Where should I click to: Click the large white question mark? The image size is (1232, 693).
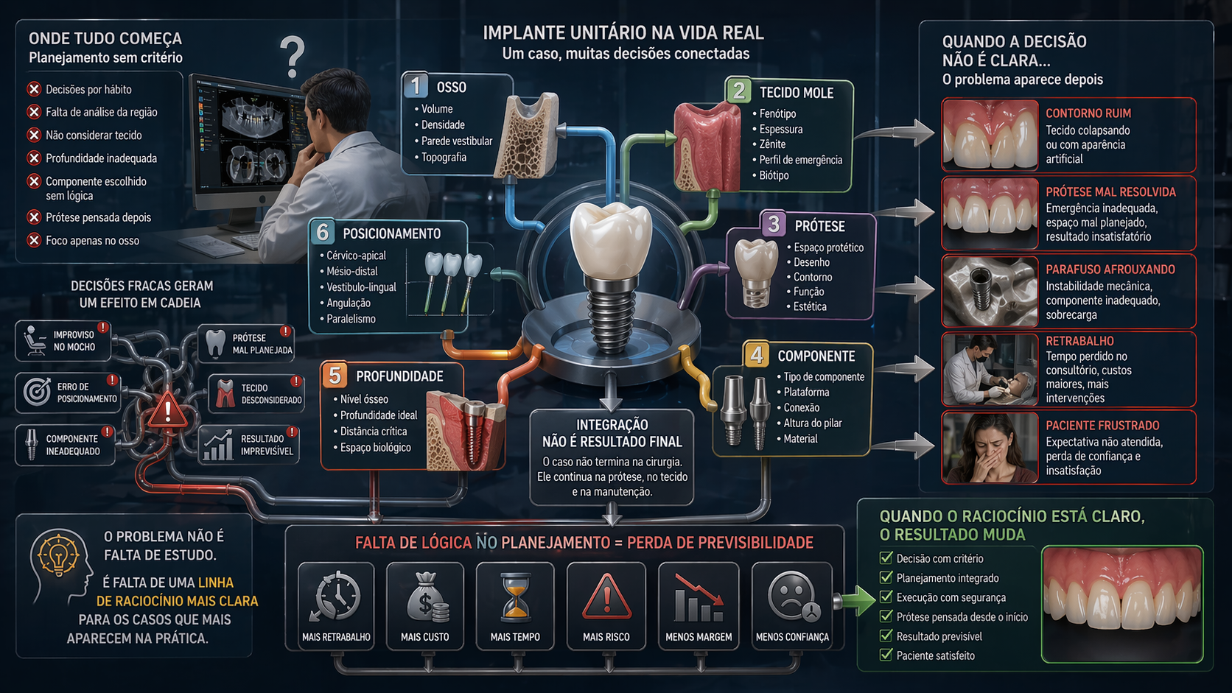tap(293, 57)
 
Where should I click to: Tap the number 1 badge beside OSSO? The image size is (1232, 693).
tap(416, 85)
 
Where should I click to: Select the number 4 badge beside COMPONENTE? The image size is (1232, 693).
tap(757, 355)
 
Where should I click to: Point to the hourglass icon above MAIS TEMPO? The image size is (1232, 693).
tap(515, 597)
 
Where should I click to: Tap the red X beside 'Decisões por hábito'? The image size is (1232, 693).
tap(34, 89)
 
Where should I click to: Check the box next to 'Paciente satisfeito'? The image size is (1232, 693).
tap(886, 655)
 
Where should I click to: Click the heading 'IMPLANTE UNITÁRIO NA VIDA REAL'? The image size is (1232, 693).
tap(623, 33)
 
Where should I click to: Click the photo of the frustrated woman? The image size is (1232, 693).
tap(990, 447)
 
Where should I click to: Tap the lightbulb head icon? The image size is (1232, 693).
tap(60, 566)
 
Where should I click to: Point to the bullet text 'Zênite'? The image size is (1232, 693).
tap(772, 144)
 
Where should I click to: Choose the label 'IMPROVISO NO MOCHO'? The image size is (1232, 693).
tap(74, 341)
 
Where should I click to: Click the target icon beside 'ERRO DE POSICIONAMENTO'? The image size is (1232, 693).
tap(37, 392)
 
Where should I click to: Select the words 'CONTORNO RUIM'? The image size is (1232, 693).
tap(1088, 113)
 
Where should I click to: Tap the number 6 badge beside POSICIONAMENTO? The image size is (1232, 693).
tap(323, 233)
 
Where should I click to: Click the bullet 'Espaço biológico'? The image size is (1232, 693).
tap(375, 447)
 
